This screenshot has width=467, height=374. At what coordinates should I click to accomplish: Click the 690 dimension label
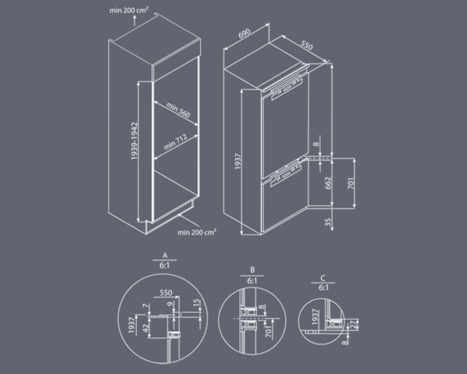point(244,33)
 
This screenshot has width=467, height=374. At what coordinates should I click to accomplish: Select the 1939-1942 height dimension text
point(135,141)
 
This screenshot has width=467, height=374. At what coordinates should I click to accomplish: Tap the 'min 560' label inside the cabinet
point(178,110)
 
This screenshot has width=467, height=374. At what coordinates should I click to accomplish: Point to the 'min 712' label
point(175,142)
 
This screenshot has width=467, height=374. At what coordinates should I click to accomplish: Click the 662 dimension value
point(328,182)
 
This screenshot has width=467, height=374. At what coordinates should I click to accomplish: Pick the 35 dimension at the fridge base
point(328,222)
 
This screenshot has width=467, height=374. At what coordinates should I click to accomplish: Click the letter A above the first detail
point(165,255)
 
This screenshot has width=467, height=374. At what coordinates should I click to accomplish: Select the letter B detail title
point(252,270)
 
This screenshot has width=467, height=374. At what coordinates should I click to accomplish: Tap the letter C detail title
point(323,278)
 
